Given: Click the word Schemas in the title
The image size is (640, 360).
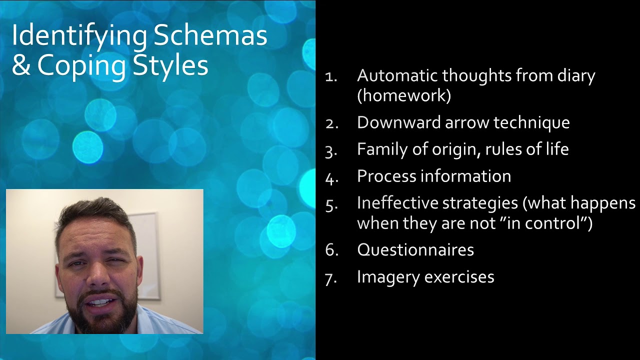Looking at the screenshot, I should (210, 36).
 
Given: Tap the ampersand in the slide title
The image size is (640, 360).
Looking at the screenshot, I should (21, 65).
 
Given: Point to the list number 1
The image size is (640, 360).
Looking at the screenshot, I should (331, 76).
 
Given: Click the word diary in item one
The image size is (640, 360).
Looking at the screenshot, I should (574, 75).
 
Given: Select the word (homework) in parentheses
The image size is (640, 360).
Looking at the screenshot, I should (404, 95).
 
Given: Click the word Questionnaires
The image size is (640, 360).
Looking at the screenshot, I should (415, 249).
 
